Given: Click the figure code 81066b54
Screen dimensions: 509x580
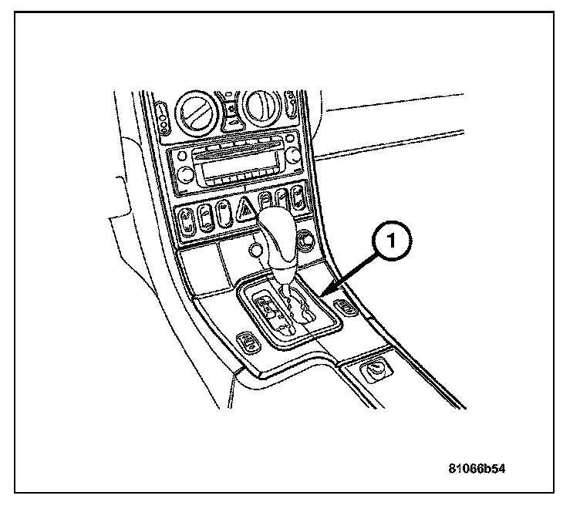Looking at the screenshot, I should point(481,468).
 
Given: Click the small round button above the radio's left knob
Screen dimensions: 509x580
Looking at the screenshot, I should point(182,155).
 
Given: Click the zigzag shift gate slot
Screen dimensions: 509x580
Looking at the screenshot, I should point(299,312).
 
